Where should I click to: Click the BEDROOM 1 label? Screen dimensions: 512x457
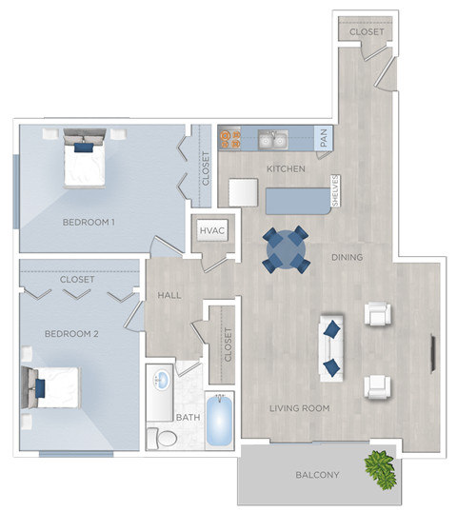coord(89,223)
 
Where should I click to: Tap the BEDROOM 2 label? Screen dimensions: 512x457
coord(71,334)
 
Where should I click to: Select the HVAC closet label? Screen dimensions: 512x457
coord(210,231)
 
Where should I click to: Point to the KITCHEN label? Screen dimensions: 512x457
coord(286,169)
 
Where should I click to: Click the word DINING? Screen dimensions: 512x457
coord(347,257)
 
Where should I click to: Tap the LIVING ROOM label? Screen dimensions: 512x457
coord(299,408)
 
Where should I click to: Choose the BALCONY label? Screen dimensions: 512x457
coord(316,475)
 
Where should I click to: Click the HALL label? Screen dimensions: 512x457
coord(169,296)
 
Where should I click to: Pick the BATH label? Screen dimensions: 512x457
coord(187,417)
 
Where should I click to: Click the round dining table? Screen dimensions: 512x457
coord(286,249)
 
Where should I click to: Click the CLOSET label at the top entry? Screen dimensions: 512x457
coord(368,32)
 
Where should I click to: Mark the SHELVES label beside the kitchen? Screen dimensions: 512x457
coord(335,191)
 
